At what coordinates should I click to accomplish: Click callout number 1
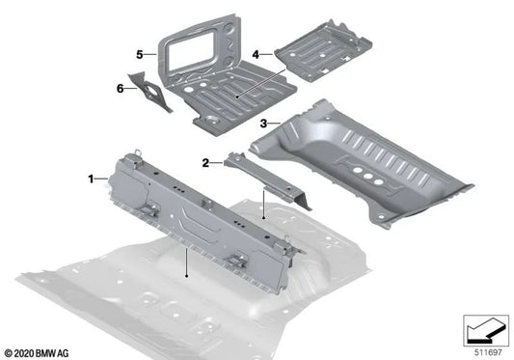click(x=92, y=179)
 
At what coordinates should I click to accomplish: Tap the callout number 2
click(x=206, y=163)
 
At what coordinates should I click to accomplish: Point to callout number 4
click(x=255, y=55)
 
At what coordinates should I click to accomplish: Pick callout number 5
click(x=140, y=53)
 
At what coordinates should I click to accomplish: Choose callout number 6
click(x=121, y=88)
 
